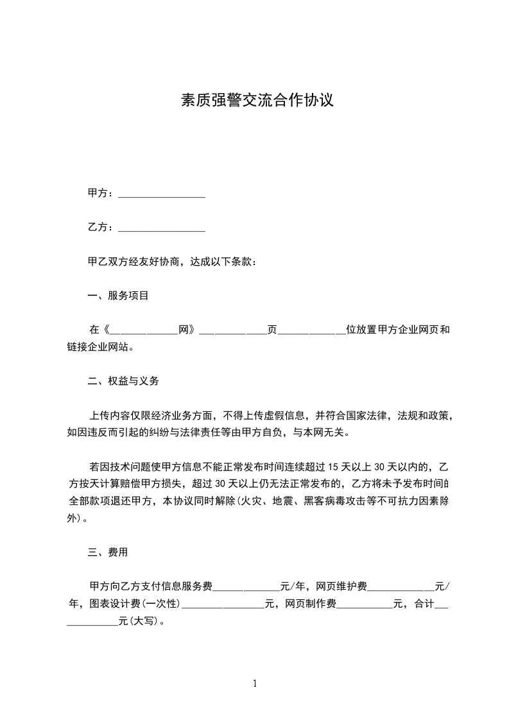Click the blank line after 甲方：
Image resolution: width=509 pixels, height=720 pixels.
pos(162,194)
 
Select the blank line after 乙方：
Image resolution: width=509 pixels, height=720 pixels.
pos(162,228)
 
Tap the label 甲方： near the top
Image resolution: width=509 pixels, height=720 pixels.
pos(101,193)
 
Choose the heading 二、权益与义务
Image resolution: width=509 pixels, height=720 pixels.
pos(123,381)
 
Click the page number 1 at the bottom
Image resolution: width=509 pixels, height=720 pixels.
pos(255,683)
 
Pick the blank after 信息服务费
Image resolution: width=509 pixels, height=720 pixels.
pos(246,587)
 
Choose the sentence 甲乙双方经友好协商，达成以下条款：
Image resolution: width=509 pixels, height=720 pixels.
pos(172,262)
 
